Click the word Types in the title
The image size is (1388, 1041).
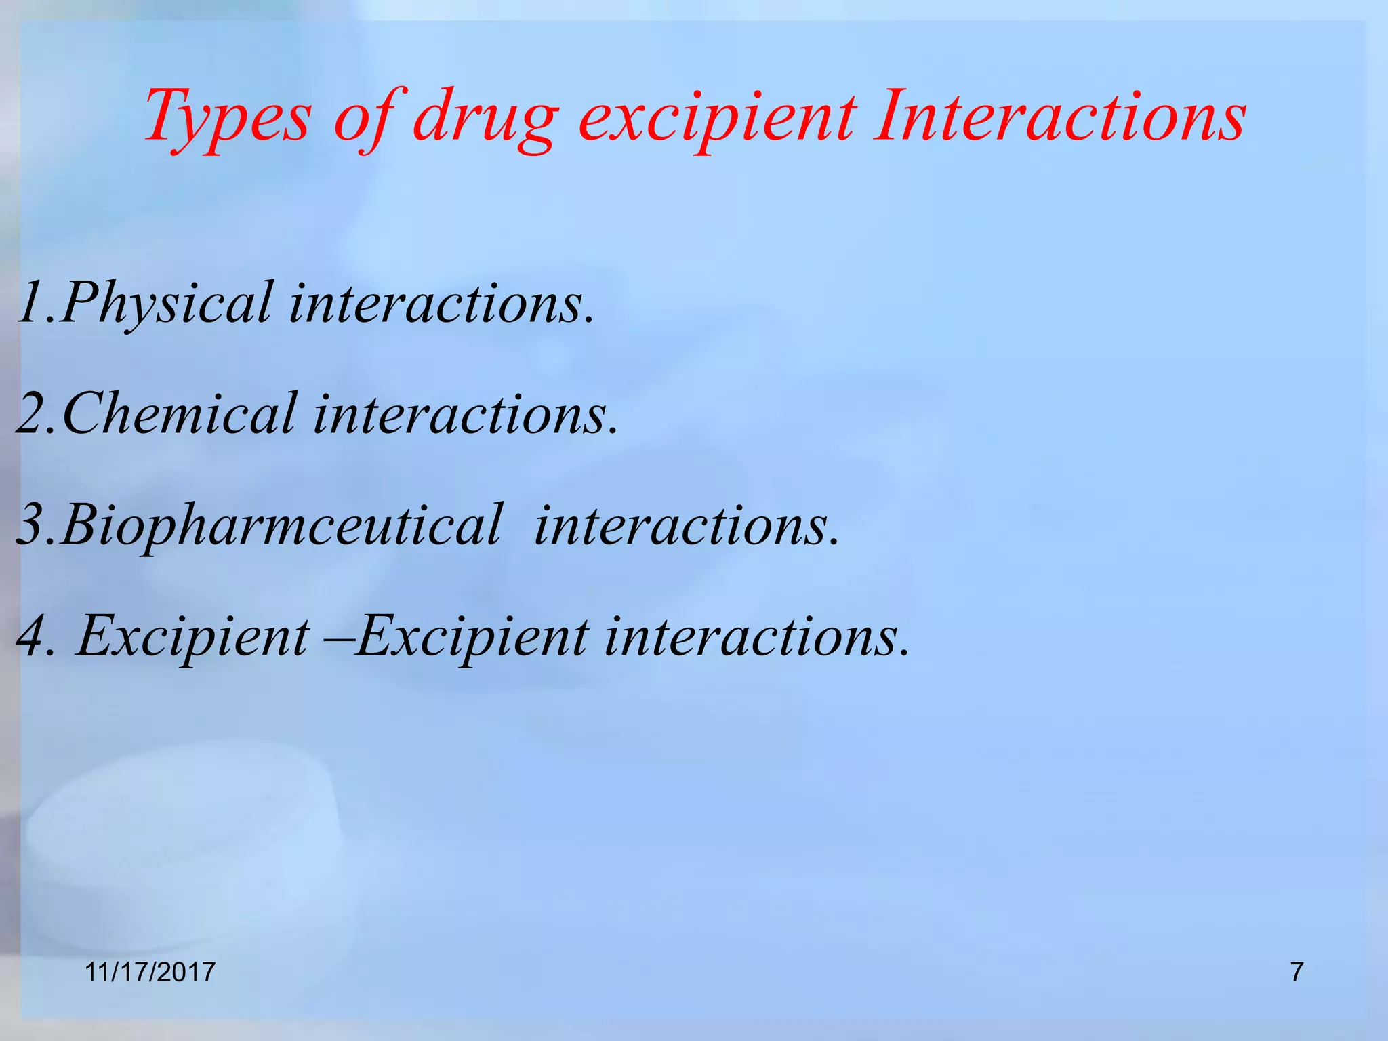(228, 117)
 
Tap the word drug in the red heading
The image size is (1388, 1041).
(485, 117)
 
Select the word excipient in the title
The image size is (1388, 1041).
(718, 117)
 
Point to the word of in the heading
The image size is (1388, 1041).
(363, 117)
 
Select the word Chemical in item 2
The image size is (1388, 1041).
(180, 414)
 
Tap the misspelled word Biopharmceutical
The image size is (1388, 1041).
(282, 525)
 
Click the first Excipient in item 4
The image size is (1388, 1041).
(192, 637)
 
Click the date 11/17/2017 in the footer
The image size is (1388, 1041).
(150, 973)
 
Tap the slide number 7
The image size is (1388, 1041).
(1296, 973)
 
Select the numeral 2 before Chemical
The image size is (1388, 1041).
(31, 414)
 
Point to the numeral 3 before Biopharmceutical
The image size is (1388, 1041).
(31, 525)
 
